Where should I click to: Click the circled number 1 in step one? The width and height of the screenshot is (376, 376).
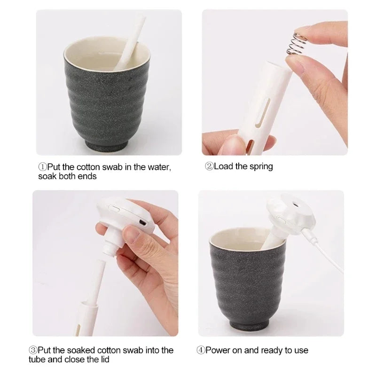(x=42, y=167)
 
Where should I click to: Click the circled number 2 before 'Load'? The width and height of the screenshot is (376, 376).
(x=209, y=166)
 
